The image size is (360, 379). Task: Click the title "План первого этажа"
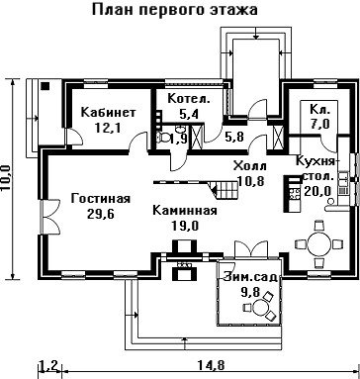pos(174,10)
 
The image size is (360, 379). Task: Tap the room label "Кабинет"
pos(108,113)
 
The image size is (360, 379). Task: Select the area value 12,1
pos(108,128)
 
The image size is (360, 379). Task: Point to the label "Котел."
pos(189,99)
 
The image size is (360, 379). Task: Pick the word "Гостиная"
pos(101,199)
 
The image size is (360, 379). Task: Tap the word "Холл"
pos(250,165)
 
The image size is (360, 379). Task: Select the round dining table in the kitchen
pos(318,244)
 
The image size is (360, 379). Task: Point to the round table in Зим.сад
pos(259,308)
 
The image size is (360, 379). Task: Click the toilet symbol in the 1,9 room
pos(162,137)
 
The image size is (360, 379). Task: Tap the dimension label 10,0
pos(6,178)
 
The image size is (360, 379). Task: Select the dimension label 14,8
pos(211,365)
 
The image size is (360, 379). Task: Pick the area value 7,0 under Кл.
pos(319,124)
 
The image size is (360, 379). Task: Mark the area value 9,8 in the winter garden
pos(250,292)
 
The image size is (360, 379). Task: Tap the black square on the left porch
pos(45,86)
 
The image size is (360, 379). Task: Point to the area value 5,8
pos(234,137)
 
